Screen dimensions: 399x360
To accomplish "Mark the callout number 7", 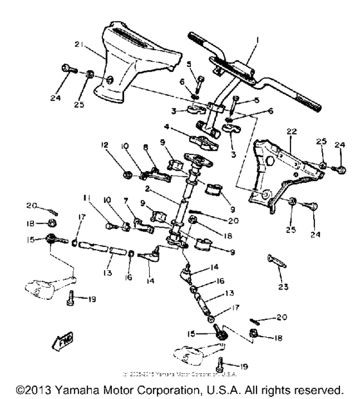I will [x=134, y=201].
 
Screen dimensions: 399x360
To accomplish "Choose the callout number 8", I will [x=145, y=165].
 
